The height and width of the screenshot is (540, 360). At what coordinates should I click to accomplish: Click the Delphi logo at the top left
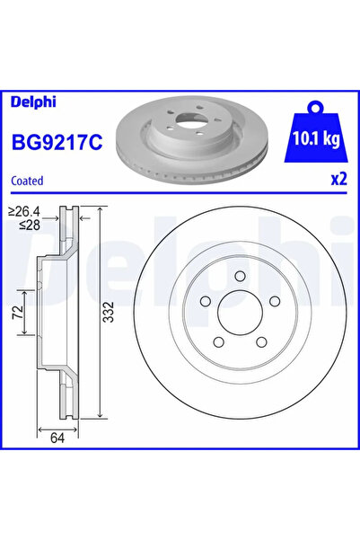click(x=31, y=101)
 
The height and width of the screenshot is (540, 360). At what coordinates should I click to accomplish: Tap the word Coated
click(x=28, y=180)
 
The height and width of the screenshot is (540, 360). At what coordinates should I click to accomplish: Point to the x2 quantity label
click(x=338, y=179)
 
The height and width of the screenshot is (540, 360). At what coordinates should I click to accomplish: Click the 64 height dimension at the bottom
click(x=57, y=440)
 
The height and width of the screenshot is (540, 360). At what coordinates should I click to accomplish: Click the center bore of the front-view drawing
click(x=235, y=318)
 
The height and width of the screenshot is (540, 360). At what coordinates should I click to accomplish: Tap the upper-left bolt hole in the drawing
click(x=204, y=302)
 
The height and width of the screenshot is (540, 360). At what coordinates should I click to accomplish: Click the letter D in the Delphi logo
click(x=15, y=101)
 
